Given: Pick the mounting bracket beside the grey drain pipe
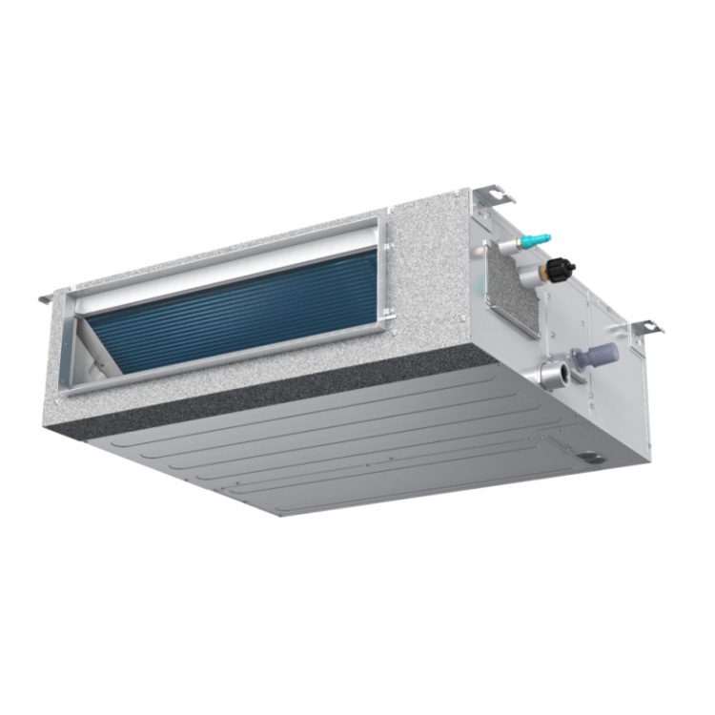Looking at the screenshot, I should pos(645,327).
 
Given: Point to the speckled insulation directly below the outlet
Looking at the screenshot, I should pos(238,381).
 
